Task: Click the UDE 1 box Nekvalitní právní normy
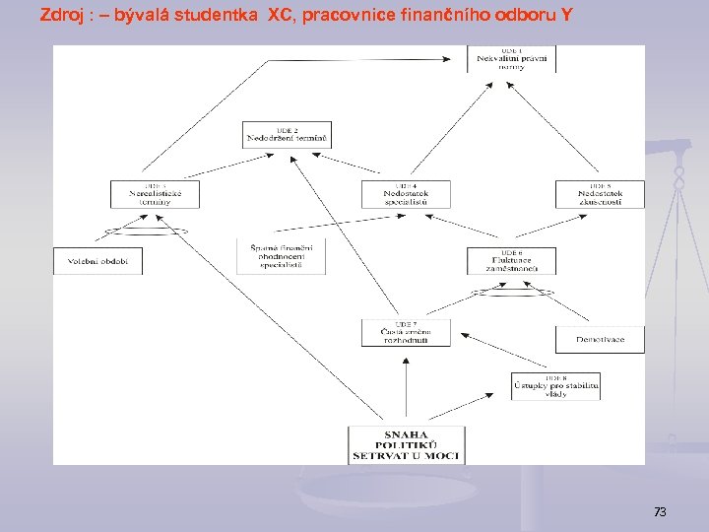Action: (511, 58)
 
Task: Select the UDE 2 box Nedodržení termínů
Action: (288, 135)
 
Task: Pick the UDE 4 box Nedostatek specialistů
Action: (406, 194)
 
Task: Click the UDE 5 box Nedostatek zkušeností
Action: (600, 194)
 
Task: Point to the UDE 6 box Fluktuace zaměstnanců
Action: (511, 260)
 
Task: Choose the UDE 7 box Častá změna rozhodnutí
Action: (406, 333)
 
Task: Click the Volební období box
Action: (97, 261)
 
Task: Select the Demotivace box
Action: (600, 340)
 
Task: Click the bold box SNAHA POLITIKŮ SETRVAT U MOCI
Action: (406, 444)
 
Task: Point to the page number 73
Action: (660, 511)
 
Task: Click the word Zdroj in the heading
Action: (59, 16)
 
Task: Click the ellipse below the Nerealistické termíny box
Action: (147, 233)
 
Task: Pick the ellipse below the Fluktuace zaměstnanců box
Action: (511, 293)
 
